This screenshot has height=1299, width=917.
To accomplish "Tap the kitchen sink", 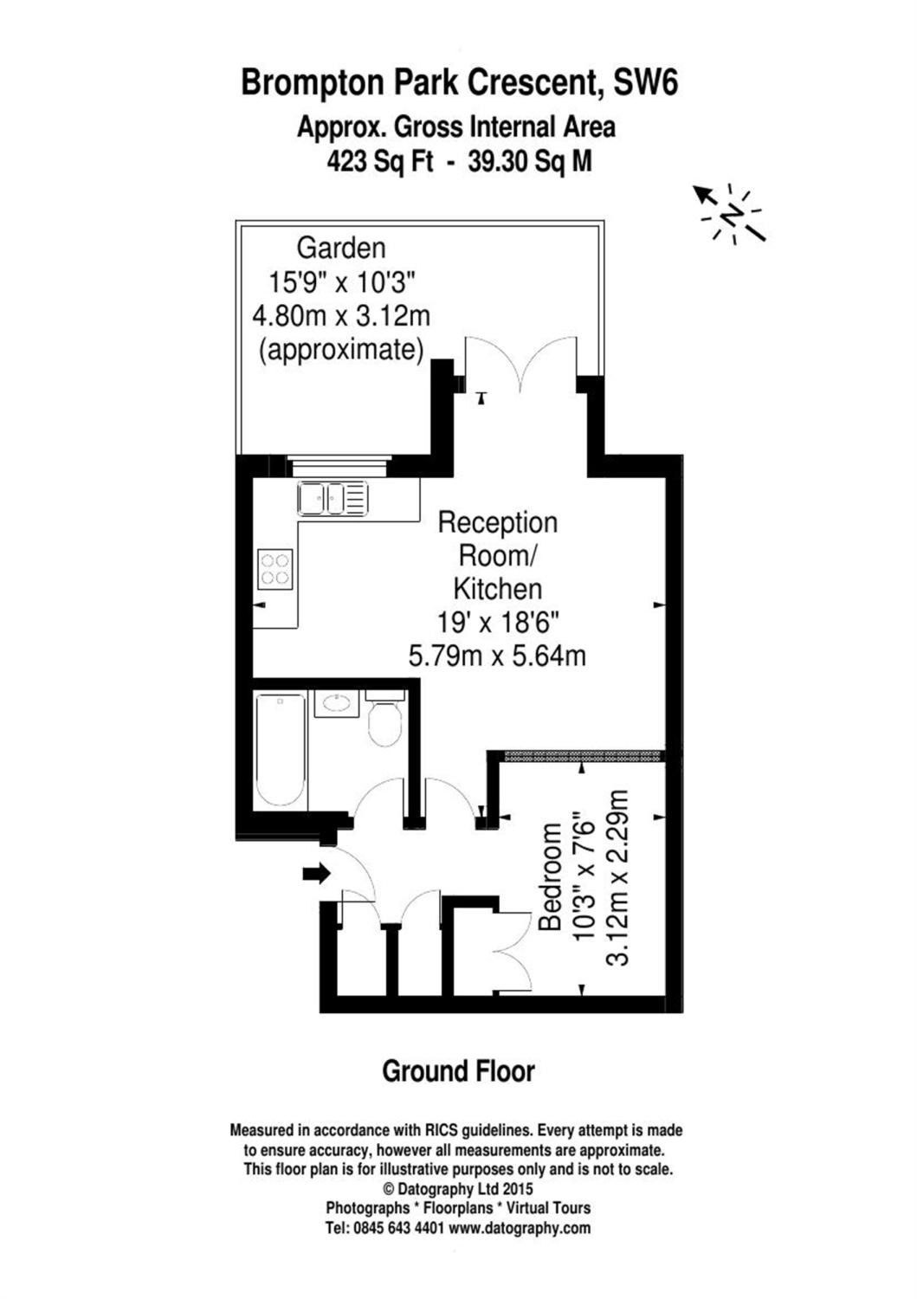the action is coord(333,498).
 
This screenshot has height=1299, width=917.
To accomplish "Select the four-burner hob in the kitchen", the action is coord(275,569).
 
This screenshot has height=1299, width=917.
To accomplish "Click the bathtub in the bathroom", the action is coord(280,751).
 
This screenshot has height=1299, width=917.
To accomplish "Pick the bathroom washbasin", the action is coord(335,703).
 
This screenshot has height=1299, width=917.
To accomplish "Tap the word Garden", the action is coord(340,249).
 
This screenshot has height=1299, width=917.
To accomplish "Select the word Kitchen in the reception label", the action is coord(498,589).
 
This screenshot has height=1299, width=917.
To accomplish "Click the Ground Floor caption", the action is coord(458,1071).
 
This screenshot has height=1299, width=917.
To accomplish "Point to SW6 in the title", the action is coord(645,83).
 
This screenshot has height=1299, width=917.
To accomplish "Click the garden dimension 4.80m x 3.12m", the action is coord(340,315).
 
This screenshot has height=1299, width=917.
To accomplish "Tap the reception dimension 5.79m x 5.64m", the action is coord(497,656).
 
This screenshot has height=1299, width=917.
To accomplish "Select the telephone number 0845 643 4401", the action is coord(397,1228).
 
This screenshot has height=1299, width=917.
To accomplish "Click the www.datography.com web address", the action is coord(520,1228).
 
